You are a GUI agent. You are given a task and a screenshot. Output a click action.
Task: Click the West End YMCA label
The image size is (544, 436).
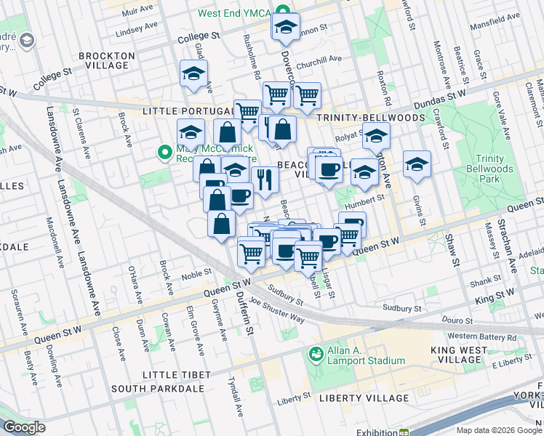click(236, 14)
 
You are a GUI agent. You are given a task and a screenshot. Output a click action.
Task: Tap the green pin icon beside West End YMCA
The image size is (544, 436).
click(287, 14)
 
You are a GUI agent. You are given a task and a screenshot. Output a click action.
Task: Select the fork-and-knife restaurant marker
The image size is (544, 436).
click(265, 177)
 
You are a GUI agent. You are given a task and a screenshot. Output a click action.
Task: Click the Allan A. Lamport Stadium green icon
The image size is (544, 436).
click(316, 354)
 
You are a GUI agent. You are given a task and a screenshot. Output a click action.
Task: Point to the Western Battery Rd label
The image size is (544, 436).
click(481, 337)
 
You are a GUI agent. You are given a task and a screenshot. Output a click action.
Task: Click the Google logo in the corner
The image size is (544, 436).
click(24, 427)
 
